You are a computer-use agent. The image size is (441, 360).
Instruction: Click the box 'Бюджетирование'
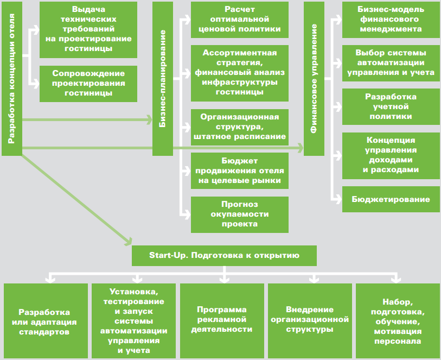(x=391, y=199)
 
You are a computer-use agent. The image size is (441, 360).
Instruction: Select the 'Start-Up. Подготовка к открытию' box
(x=224, y=256)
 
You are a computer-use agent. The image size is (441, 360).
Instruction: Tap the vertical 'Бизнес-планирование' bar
(x=163, y=79)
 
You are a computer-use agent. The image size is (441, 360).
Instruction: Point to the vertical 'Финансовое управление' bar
(x=314, y=79)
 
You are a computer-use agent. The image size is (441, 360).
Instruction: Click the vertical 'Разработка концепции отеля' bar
(x=12, y=79)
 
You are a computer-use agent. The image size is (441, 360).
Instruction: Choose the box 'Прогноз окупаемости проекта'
(x=240, y=214)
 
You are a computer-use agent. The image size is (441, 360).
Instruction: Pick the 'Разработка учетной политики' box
(x=391, y=106)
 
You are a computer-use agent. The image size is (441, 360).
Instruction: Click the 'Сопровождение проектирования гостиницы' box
(x=88, y=84)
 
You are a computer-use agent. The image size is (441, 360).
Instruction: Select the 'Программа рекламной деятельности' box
(x=222, y=320)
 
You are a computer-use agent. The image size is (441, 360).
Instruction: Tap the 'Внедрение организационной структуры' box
(x=310, y=320)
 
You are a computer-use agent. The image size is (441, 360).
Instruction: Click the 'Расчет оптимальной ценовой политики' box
(x=240, y=20)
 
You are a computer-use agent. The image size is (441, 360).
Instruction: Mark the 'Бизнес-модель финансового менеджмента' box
(x=391, y=20)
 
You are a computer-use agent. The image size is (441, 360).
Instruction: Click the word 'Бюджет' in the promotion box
(x=240, y=161)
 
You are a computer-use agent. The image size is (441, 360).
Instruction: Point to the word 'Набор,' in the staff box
(x=398, y=302)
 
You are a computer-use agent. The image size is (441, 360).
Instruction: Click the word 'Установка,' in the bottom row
(x=134, y=292)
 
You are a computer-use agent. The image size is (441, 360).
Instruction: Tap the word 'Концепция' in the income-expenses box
(x=391, y=140)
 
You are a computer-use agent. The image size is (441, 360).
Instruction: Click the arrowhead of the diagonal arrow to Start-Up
(x=129, y=241)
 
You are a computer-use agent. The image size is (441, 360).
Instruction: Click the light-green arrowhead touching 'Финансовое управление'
(x=300, y=148)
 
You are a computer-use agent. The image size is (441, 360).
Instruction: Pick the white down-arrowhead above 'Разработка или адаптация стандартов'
(x=50, y=280)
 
